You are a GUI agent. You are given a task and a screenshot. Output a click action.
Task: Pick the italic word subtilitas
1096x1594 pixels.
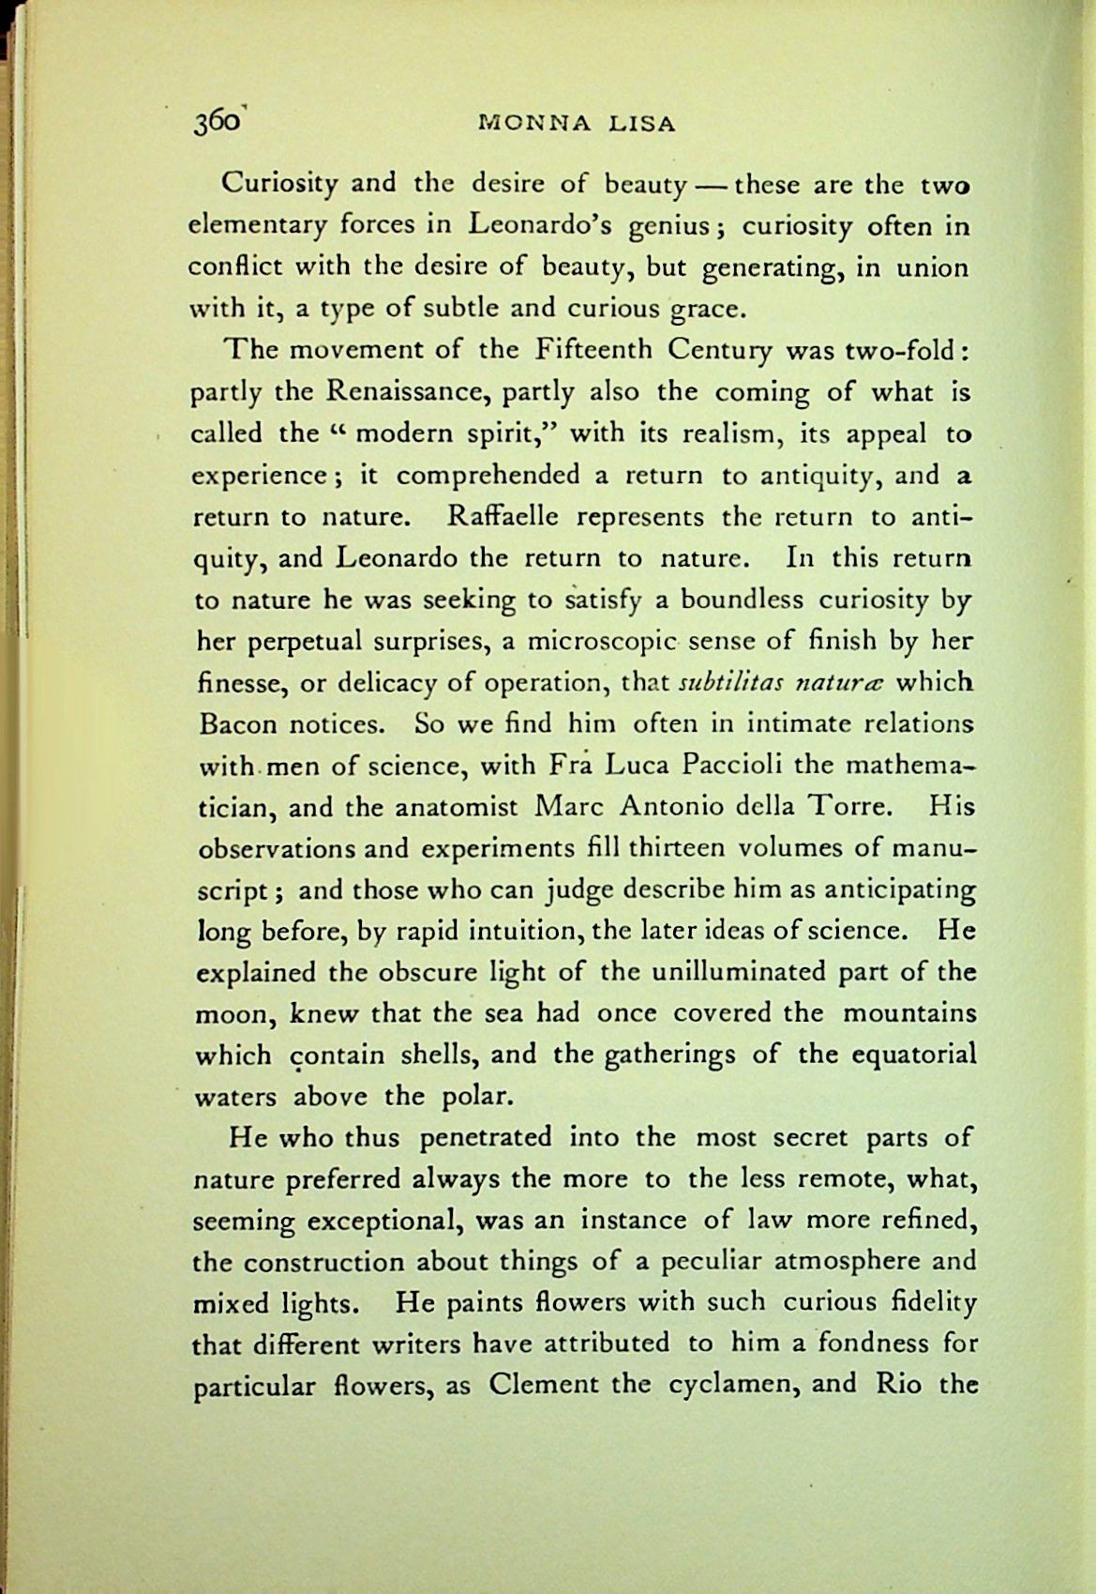pos(726,682)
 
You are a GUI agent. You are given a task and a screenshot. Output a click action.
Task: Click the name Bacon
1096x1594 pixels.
pos(238,724)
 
